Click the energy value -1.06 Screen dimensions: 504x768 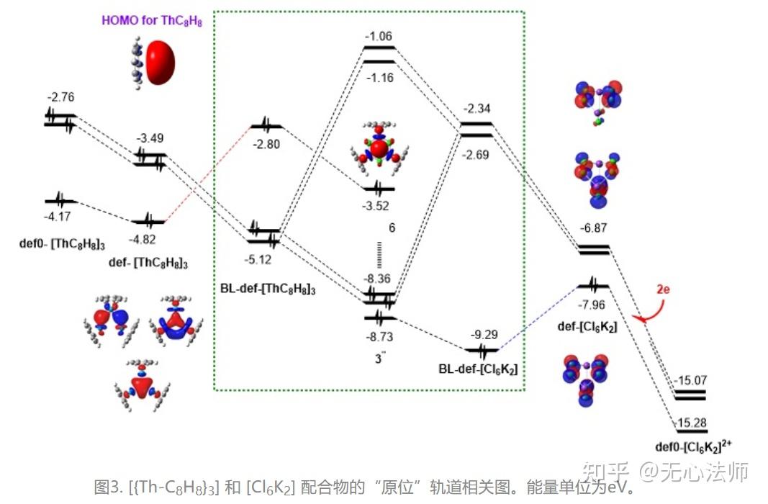[378, 36]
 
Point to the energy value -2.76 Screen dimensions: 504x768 [60, 97]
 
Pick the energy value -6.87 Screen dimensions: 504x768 [595, 229]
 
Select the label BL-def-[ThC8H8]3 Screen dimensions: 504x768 [268, 288]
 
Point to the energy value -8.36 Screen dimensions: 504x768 [379, 278]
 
